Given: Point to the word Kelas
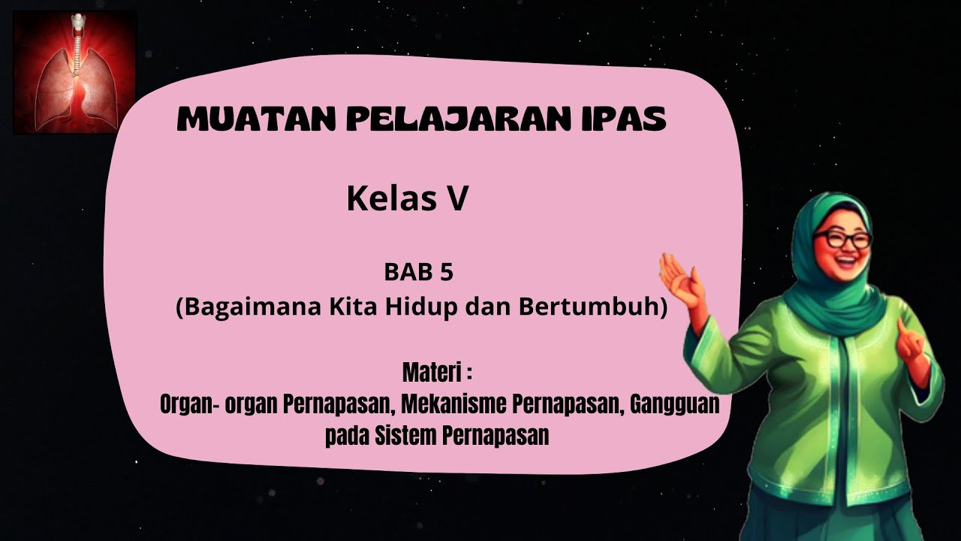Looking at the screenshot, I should pyautogui.click(x=387, y=199).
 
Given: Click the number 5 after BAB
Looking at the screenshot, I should pyautogui.click(x=447, y=273).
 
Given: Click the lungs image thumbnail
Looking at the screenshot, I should pyautogui.click(x=74, y=73).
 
